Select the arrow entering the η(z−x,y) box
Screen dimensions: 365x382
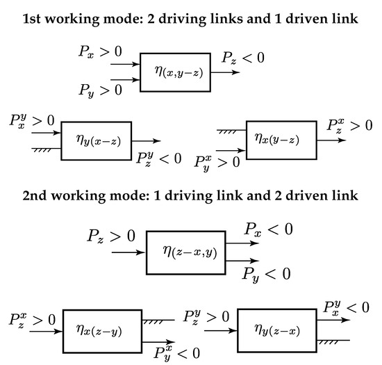pos(128,252)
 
